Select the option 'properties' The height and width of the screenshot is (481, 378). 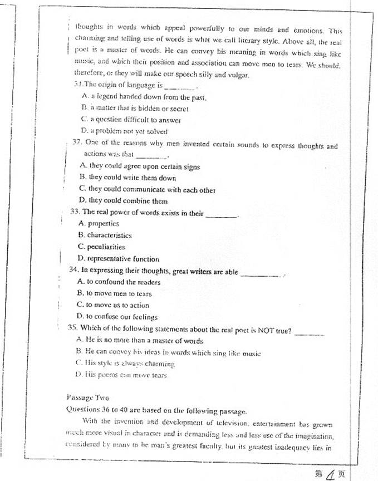click(99, 223)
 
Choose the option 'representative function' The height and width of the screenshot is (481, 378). click(119, 258)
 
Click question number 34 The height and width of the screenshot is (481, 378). click(73, 270)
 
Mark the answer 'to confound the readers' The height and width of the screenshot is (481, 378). click(116, 282)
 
